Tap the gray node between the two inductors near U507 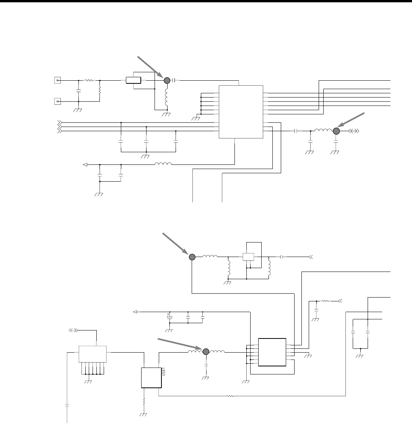click(205, 351)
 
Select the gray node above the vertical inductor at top click(167, 80)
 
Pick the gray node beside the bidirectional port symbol click(336, 131)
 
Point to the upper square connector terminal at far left click(57, 80)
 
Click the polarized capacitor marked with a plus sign click(169, 317)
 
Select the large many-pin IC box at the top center click(241, 112)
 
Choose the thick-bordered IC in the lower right click(272, 352)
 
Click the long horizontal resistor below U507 click(230, 396)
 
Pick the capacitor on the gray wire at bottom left click(67, 405)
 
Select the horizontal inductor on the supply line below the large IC click(163, 164)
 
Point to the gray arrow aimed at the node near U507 click(180, 343)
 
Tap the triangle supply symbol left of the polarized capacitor click(135, 312)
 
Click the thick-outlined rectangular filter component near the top click(133, 80)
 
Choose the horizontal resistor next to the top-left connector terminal click(89, 80)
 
